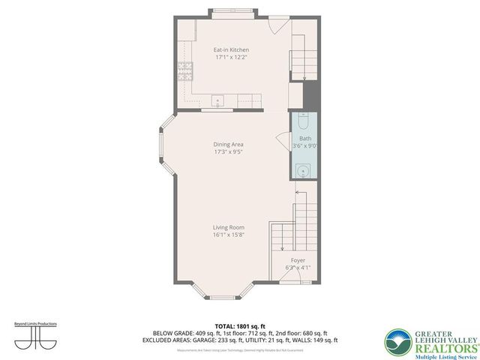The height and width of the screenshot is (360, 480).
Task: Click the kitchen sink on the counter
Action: coord(218,100)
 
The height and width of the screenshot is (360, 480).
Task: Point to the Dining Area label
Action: coord(229,145)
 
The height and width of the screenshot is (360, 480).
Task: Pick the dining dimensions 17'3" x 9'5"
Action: coord(229,152)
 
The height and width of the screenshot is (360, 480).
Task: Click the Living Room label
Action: coord(229,226)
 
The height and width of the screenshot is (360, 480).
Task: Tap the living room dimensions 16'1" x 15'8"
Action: coord(229,234)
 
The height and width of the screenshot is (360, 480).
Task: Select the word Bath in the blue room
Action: coord(304,139)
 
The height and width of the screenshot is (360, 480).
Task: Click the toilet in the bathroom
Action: coord(303,120)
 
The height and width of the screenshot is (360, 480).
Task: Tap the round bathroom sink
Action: coord(304,171)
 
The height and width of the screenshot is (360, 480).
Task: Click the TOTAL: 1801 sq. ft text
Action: coord(241,326)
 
